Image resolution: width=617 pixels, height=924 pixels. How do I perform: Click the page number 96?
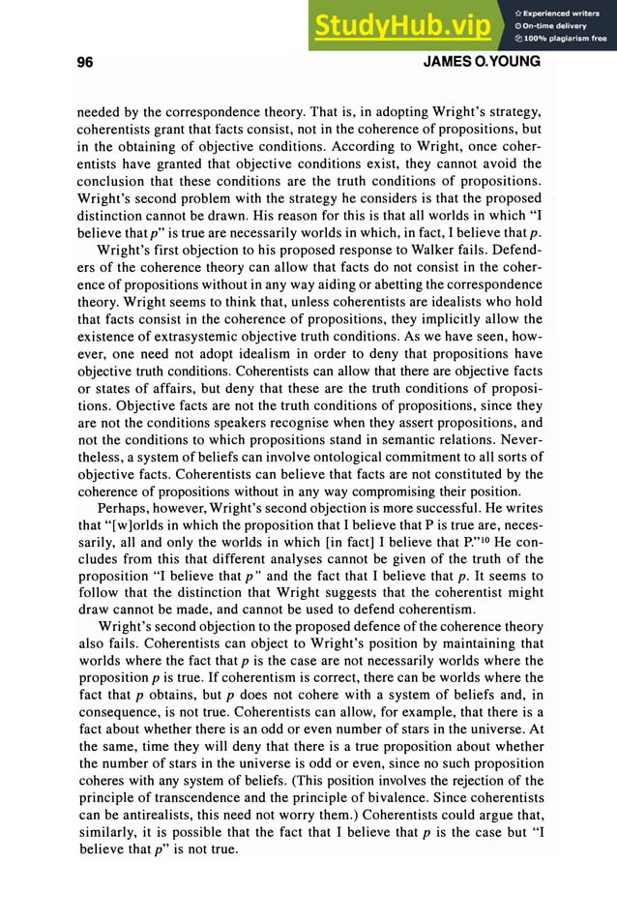84,63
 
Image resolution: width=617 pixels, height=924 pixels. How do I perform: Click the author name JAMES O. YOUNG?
482,63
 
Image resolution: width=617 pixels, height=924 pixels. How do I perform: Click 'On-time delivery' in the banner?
555,25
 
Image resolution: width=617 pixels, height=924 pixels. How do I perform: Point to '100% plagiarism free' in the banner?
564,39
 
